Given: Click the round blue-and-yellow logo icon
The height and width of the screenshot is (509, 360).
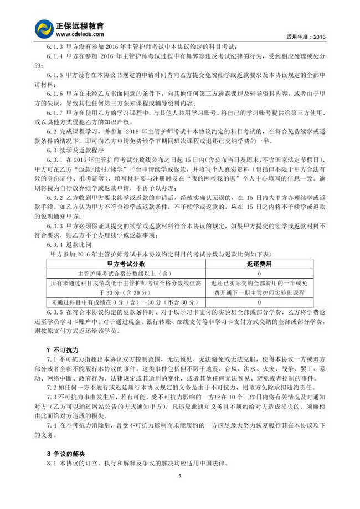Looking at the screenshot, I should (44, 29).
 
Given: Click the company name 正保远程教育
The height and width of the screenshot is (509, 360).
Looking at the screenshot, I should (79, 25).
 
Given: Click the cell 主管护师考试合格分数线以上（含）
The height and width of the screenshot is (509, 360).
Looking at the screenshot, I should (126, 274).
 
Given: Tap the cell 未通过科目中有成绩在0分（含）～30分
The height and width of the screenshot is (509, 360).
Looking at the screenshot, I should (126, 302).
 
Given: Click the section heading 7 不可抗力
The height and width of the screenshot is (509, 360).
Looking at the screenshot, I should (63, 351).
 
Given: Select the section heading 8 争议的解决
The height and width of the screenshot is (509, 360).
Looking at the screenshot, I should (67, 454).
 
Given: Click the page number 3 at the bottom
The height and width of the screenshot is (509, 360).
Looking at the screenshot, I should (179, 476).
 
